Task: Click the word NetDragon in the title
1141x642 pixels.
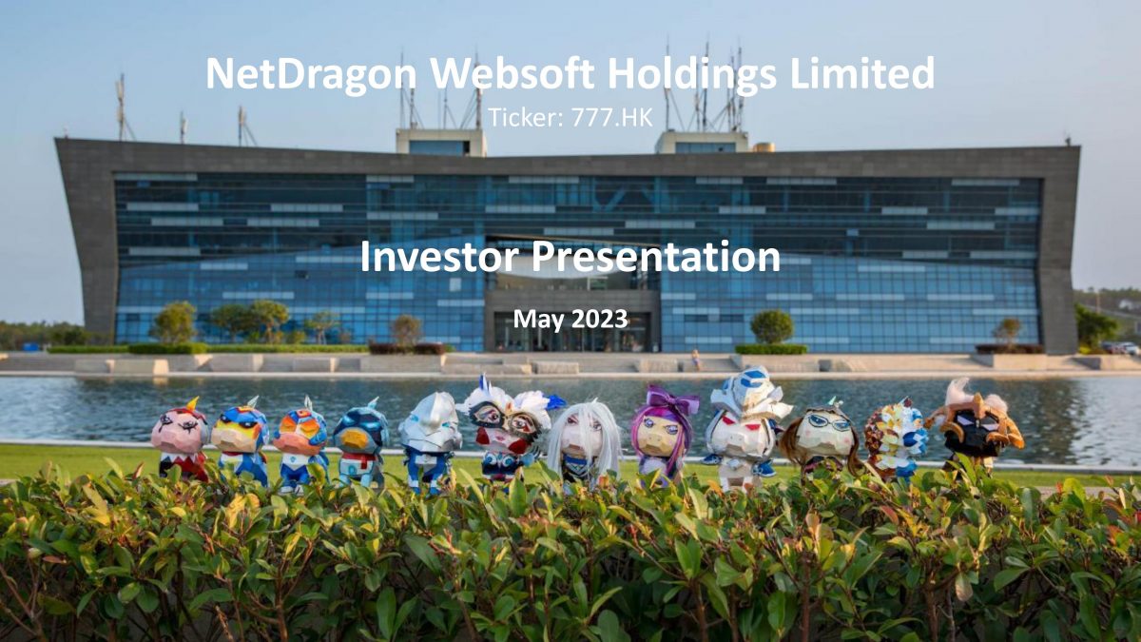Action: click(311, 74)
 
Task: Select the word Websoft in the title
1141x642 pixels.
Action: click(512, 73)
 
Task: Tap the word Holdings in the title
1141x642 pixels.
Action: click(692, 75)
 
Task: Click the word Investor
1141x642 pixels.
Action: click(440, 257)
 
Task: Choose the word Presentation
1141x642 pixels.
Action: click(657, 257)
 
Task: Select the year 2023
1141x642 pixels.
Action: click(600, 320)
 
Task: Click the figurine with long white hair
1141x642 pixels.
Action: click(584, 444)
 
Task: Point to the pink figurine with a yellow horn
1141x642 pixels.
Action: click(182, 439)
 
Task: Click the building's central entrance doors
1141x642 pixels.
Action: click(572, 332)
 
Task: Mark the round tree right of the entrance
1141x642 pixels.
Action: click(772, 326)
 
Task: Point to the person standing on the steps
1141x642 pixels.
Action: click(695, 360)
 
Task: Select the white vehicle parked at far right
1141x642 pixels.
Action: click(1130, 348)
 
